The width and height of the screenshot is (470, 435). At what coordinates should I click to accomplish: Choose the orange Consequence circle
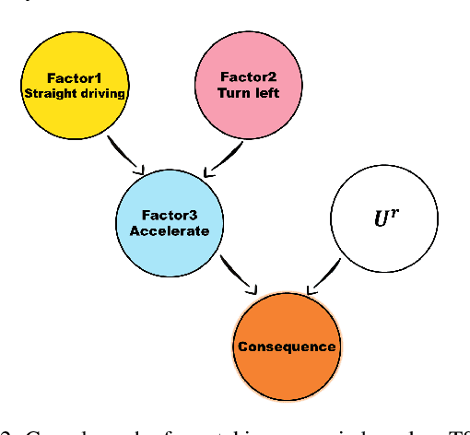coord(287,347)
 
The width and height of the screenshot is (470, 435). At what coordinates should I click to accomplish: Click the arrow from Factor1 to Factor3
coord(126,155)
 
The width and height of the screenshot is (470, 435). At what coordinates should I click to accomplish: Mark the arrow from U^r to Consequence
coord(324,277)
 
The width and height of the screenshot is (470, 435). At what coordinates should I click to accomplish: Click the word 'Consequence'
coord(287,347)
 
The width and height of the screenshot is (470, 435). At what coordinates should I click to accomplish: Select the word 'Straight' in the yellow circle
coord(46,93)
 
